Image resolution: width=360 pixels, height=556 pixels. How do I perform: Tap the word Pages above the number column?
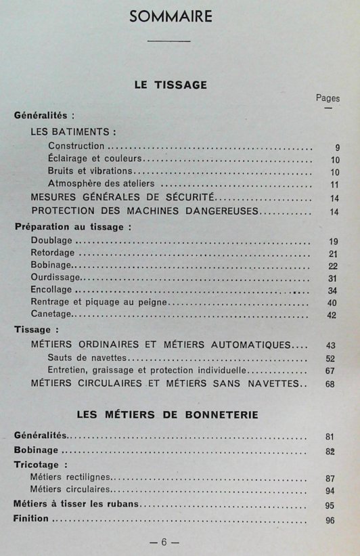[x=328, y=98]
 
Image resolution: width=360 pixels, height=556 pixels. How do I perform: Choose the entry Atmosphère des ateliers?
[x=102, y=184]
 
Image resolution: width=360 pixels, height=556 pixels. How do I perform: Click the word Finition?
[x=32, y=519]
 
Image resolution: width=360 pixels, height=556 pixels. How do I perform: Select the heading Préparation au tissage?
[x=72, y=227]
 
